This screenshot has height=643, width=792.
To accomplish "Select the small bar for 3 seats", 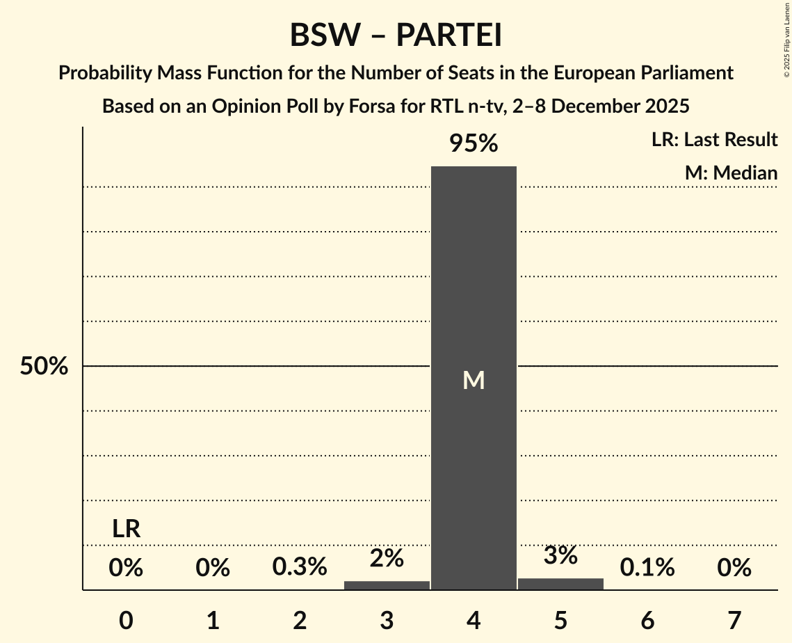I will coord(387,585).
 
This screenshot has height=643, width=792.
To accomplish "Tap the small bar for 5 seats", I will coord(560,584).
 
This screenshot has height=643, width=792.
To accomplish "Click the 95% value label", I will coord(474,144).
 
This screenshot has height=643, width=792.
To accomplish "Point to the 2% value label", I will coord(387,557).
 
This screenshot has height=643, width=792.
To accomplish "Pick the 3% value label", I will coord(560,555).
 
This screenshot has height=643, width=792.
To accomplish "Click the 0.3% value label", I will coord(300,567).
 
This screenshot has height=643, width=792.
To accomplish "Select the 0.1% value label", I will coord(647,567).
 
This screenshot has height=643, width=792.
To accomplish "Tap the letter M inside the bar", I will coord(474,380).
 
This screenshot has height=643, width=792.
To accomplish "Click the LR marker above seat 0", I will coord(127,529).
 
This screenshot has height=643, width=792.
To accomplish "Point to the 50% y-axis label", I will coord(44,367).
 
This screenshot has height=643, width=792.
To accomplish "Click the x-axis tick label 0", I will coord(126,620).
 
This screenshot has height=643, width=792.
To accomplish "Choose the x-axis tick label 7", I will coord(734,620).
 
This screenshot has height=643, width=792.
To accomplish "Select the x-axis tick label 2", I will coord(300,620).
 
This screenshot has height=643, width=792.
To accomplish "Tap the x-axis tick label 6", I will coord(647,620).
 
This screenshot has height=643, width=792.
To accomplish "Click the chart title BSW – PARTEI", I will coord(396,35).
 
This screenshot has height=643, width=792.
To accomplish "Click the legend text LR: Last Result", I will coord(714,140).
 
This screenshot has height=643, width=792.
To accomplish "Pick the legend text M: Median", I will coord(731,173).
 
